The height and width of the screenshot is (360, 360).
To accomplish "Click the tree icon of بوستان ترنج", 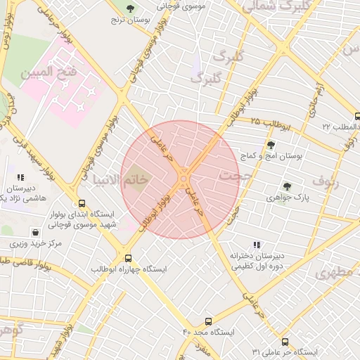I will pos(129,8).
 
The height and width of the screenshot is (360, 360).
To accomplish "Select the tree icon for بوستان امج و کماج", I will pos(271,145).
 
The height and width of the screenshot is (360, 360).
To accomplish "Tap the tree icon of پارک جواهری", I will pos(286,186).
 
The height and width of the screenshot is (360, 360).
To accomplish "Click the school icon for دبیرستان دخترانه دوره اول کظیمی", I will pos(257,245).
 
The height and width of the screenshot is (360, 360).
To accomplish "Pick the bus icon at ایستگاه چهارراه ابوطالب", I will pos(127,257).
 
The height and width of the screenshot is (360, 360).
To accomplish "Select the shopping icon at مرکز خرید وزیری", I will pos(35,232).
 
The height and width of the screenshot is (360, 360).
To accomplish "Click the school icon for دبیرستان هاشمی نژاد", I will pos(20,178).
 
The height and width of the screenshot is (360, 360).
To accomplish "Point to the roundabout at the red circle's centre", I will pos(184,179).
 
